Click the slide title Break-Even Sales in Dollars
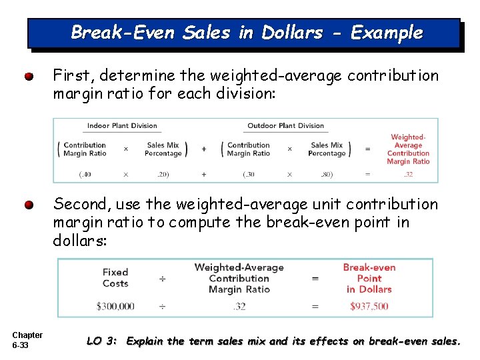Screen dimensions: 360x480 point(246,33)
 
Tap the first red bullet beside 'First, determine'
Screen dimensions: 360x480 point(29,77)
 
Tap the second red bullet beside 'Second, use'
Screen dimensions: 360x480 point(29,205)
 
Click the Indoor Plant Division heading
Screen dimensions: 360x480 point(122,125)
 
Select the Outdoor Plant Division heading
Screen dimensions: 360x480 point(285,125)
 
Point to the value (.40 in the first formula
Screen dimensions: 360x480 point(85,174)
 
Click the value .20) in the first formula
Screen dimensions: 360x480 point(163,174)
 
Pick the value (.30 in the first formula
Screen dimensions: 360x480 point(248,174)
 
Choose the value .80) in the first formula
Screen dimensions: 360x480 point(327,174)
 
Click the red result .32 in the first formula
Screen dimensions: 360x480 point(408,174)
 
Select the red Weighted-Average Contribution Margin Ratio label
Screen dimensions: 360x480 point(408,149)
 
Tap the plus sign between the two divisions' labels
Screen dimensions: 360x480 point(204,149)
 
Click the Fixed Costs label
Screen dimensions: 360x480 point(115,277)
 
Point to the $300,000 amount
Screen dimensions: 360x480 point(115,307)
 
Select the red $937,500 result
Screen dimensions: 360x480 point(369,307)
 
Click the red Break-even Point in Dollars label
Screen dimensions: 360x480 point(369,278)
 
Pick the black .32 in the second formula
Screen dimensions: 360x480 point(239,307)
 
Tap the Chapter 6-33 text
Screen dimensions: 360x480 point(27,340)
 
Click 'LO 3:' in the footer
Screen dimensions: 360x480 point(102,341)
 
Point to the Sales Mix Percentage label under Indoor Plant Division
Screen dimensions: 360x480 point(163,149)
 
